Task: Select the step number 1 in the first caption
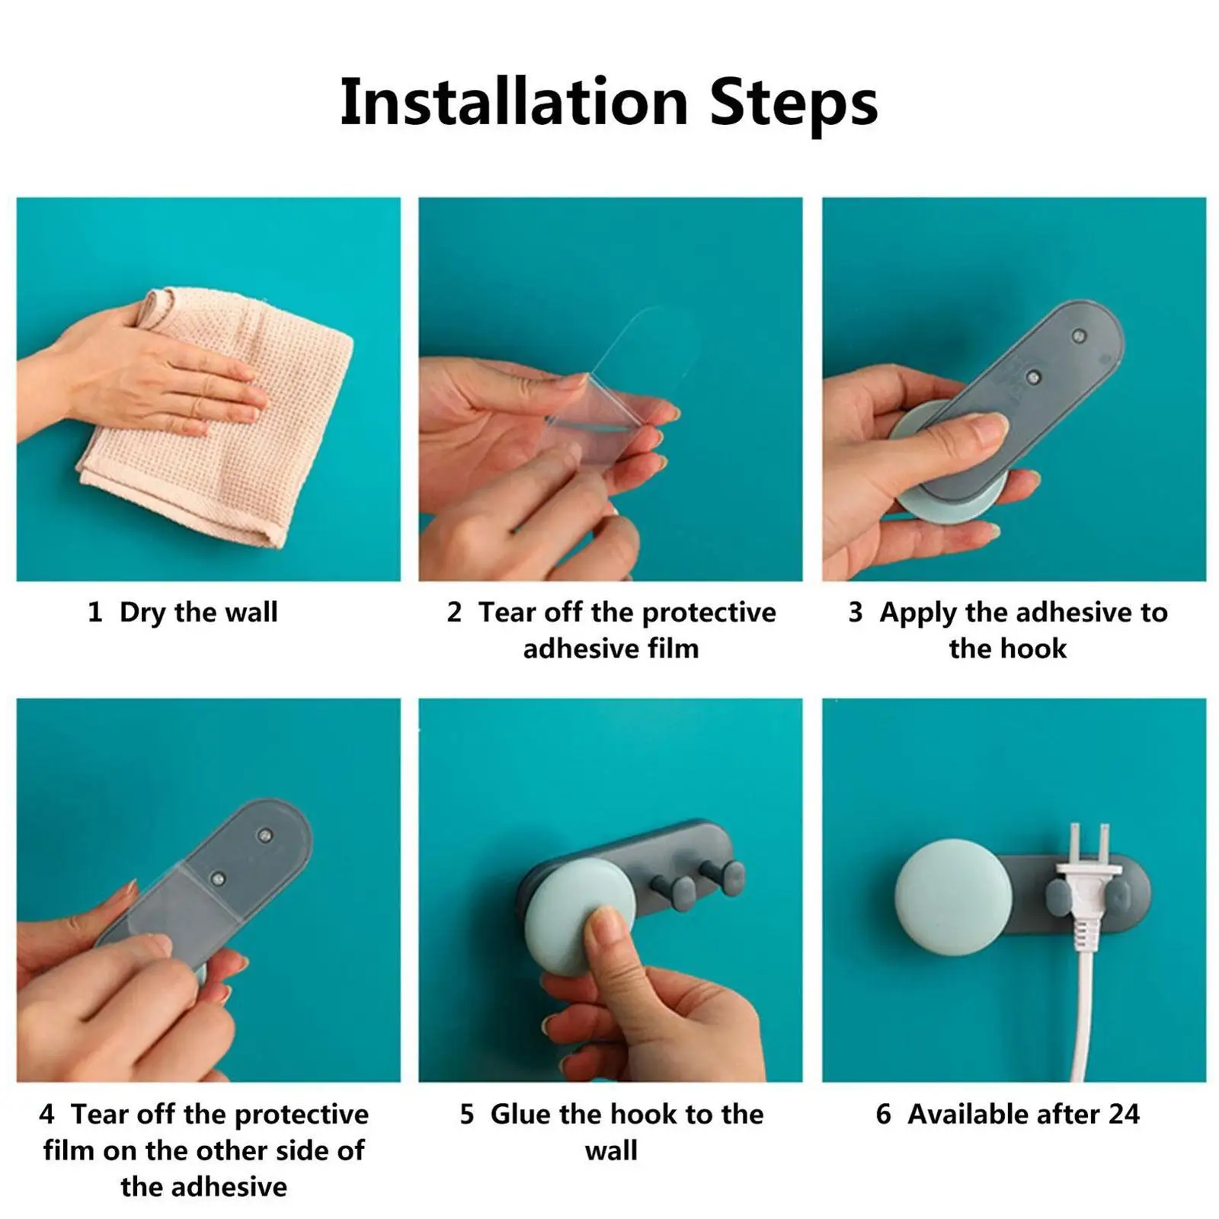[94, 612]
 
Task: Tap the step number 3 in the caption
[856, 612]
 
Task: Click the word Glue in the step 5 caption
[520, 1114]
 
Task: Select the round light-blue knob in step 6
[952, 897]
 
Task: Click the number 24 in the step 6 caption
[1124, 1114]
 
